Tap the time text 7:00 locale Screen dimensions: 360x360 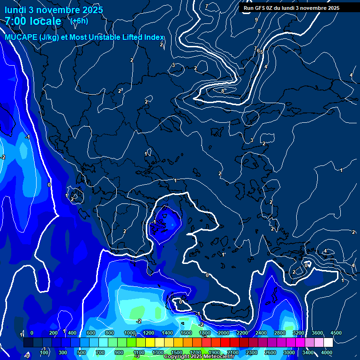[x=33, y=21]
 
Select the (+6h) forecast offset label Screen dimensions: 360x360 [x=79, y=21]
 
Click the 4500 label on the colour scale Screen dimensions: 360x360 [x=336, y=333]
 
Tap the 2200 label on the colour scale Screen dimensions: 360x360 [x=242, y=333]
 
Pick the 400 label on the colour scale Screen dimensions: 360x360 [x=72, y=333]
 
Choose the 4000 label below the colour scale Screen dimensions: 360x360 [x=327, y=352]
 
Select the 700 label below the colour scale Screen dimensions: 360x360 [x=100, y=352]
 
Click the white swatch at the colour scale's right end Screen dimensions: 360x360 [x=328, y=343]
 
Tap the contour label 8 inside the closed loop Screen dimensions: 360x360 [x=223, y=90]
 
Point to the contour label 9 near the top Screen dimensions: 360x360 [x=256, y=20]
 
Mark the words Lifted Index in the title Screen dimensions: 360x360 [x=138, y=37]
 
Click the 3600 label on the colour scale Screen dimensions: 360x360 [x=317, y=333]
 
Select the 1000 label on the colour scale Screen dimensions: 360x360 [x=129, y=333]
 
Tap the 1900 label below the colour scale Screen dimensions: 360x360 [x=214, y=352]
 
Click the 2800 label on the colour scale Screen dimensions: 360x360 [x=279, y=333]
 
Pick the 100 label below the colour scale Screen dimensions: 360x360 [x=44, y=352]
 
